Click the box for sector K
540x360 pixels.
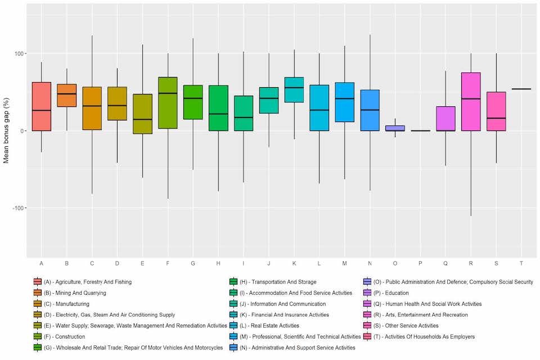pos(294,90)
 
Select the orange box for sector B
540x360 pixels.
pos(66,96)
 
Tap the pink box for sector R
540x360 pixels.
pos(471,102)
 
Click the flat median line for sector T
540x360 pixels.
pos(521,89)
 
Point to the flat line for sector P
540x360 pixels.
pos(420,130)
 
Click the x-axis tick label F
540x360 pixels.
pos(168,264)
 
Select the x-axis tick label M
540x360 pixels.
pos(344,264)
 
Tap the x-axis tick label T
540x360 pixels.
pos(521,264)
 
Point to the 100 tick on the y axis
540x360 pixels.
pos(20,54)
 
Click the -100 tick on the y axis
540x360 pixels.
pos(19,208)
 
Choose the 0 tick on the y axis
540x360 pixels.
pos(24,131)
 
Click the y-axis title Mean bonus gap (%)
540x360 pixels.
pos(6,131)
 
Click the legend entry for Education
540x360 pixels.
pos(393,293)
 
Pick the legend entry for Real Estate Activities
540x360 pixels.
pos(268,326)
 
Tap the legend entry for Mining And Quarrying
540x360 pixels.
pos(74,293)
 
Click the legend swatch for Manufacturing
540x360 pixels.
pos(37,304)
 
